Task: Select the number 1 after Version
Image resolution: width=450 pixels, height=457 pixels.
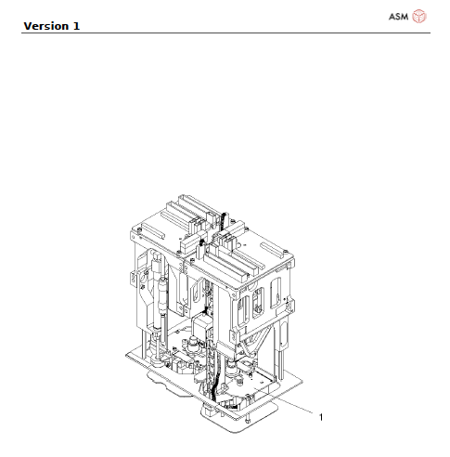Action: click(76, 26)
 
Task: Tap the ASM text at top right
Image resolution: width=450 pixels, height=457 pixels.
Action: click(398, 17)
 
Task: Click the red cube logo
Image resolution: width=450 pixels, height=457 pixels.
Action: click(419, 17)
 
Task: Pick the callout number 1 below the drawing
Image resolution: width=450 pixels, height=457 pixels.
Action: click(321, 418)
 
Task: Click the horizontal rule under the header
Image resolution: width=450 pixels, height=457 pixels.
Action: click(223, 33)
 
